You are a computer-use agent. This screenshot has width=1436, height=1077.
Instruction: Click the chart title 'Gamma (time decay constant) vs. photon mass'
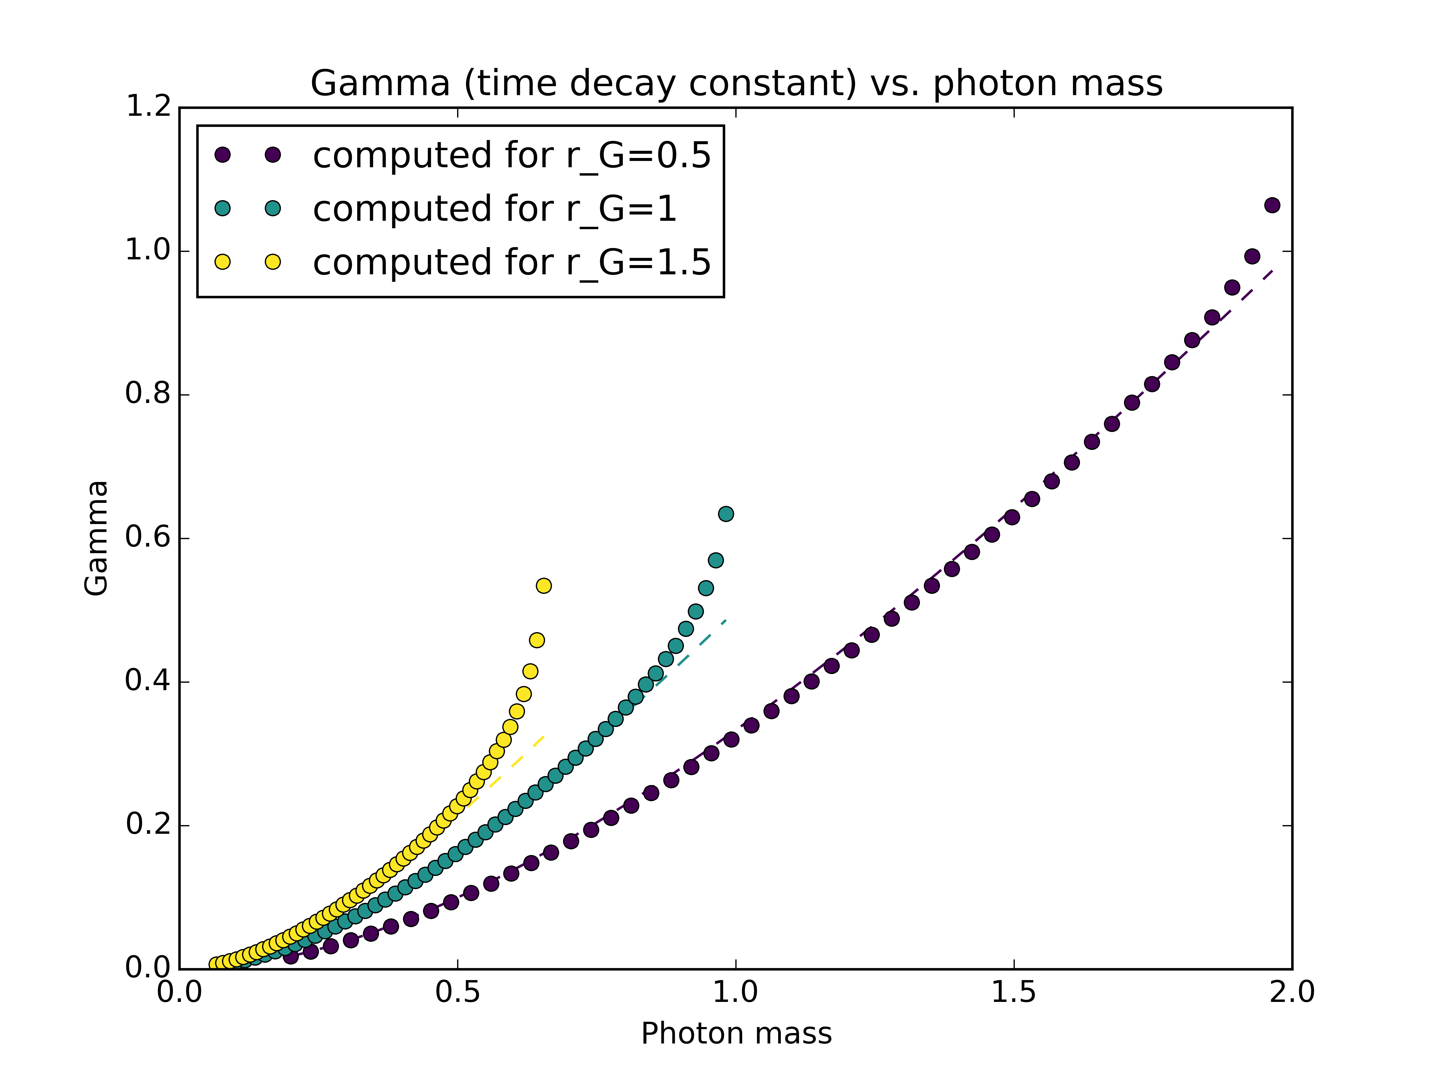(x=736, y=84)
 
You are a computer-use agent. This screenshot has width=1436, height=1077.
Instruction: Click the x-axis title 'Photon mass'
(x=736, y=1034)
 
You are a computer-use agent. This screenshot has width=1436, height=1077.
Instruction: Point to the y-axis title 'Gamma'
(x=96, y=538)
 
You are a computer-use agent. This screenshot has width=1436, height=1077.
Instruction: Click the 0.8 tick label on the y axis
(x=148, y=394)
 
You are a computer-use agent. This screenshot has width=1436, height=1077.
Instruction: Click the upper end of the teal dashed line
(x=725, y=621)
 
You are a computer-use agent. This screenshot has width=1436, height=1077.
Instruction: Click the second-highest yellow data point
(x=537, y=640)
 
